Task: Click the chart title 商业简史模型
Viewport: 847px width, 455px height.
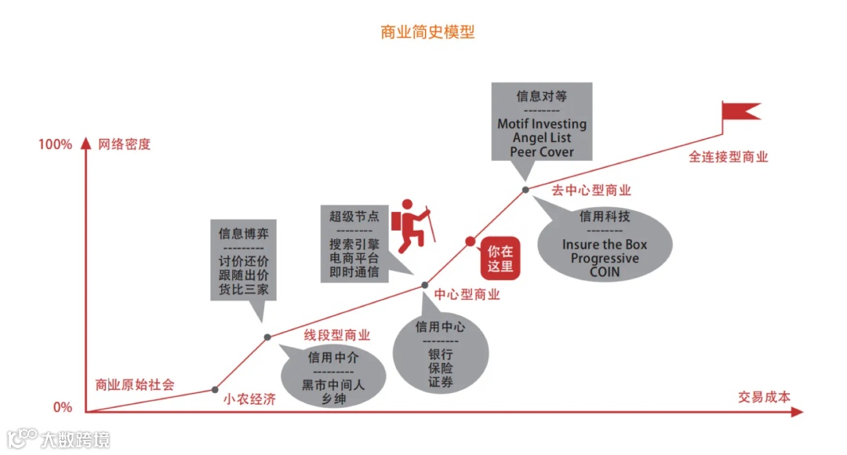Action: click(427, 32)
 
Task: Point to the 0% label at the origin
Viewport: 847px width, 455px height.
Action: click(62, 407)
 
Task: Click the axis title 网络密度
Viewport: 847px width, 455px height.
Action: click(124, 144)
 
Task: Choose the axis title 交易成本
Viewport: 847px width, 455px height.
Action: click(764, 396)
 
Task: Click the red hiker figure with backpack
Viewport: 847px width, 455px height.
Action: click(413, 225)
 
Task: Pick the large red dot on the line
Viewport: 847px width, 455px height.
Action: click(471, 241)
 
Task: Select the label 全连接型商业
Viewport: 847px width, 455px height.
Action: click(729, 157)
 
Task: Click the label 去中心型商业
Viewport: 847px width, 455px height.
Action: click(591, 190)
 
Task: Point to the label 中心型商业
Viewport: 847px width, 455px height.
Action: click(467, 295)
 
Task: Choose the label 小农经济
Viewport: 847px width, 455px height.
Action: click(249, 398)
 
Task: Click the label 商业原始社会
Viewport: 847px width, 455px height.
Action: click(135, 384)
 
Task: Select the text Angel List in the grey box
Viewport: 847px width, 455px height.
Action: click(541, 138)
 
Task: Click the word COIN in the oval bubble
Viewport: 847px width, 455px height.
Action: click(605, 272)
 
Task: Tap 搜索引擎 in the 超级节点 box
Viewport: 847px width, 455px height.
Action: click(354, 243)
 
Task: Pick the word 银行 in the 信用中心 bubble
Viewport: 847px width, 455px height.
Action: click(440, 354)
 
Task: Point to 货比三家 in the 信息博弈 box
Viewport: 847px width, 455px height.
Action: click(244, 289)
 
